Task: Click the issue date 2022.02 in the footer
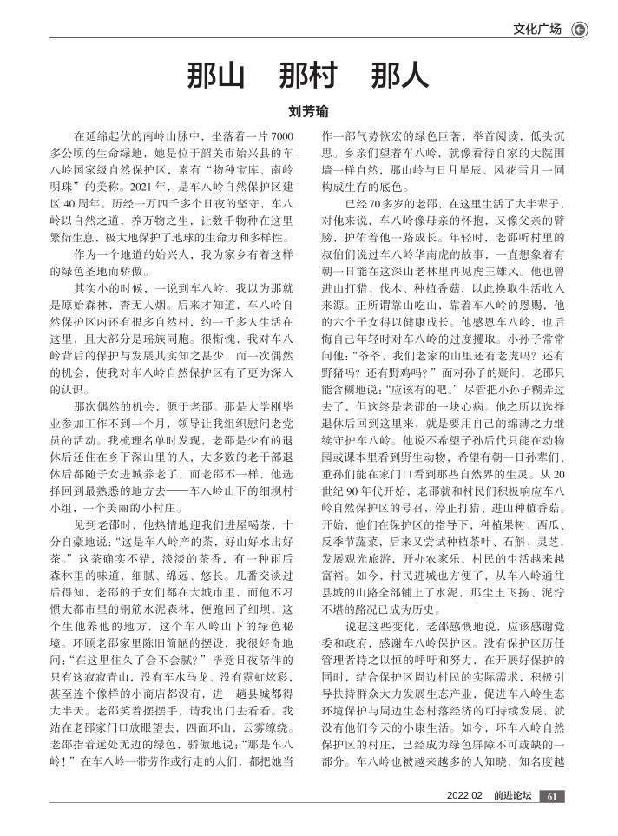point(464,820)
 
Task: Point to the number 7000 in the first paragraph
point(283,137)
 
